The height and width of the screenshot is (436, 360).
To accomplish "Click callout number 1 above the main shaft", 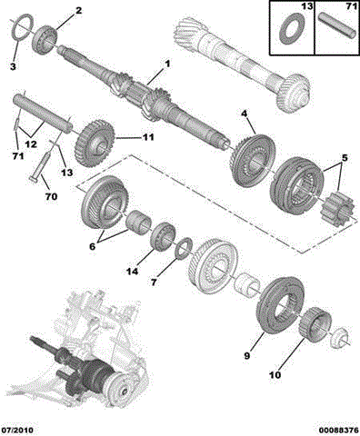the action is tap(166, 64).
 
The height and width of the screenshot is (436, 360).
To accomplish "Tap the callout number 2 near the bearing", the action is tap(78, 11).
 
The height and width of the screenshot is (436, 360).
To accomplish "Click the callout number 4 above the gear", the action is tap(245, 114).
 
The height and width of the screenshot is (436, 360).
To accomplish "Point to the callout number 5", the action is tap(345, 158).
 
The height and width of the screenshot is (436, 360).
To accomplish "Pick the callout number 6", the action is tap(92, 246).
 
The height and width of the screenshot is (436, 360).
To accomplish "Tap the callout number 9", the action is tap(247, 356).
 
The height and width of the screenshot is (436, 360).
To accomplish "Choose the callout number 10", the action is tap(275, 375).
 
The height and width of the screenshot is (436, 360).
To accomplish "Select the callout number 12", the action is tap(31, 144).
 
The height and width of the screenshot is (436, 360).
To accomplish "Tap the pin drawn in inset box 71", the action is tap(337, 26).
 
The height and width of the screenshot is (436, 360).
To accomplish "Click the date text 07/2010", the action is tap(17, 430).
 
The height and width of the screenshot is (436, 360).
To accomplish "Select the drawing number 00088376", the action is tap(338, 430).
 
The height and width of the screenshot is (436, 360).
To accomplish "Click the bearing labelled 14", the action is tap(163, 236).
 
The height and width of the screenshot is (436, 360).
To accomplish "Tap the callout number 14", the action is tap(132, 272).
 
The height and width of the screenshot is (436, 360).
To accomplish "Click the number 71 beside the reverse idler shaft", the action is tap(17, 156).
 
